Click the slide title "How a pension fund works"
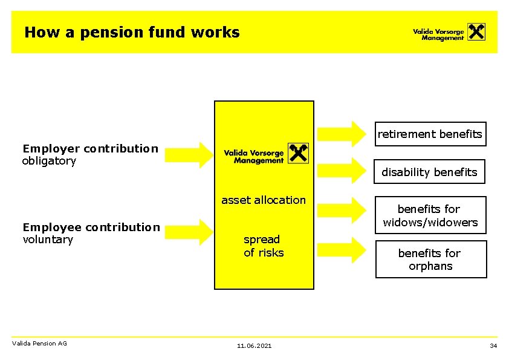coord(132,32)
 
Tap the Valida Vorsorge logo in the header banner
coord(449,32)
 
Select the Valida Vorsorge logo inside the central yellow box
coord(265,154)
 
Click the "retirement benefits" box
coord(430,134)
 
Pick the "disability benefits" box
coord(429,172)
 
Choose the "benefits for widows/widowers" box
coord(430,215)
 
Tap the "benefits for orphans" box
coord(430,260)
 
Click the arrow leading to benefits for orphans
coord(342,249)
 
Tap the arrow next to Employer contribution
coord(188,154)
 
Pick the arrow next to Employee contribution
coord(188,233)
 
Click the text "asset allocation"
coord(264,200)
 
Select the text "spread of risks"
coord(264,246)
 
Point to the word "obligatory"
coord(49,161)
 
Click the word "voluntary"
coord(48,240)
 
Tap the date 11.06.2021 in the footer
coord(254,345)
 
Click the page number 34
coord(493,345)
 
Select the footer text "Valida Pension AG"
coord(39,344)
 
